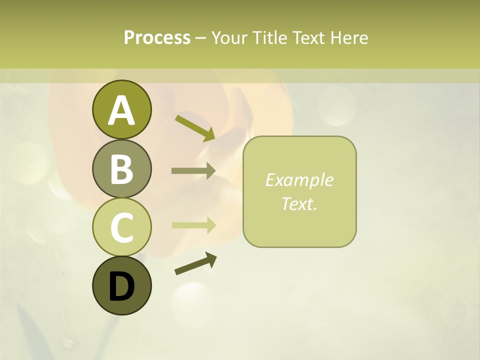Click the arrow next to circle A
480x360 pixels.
click(195, 127)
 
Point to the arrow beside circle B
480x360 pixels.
click(193, 171)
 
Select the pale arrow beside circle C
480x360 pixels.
click(193, 225)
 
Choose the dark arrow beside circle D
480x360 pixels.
click(195, 263)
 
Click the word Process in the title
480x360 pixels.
click(157, 37)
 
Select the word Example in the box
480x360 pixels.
click(299, 180)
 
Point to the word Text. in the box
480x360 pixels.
click(299, 203)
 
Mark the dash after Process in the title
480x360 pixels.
click(200, 38)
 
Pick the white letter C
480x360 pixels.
click(121, 228)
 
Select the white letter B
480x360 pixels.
click(121, 169)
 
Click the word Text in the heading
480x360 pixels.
click(309, 37)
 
